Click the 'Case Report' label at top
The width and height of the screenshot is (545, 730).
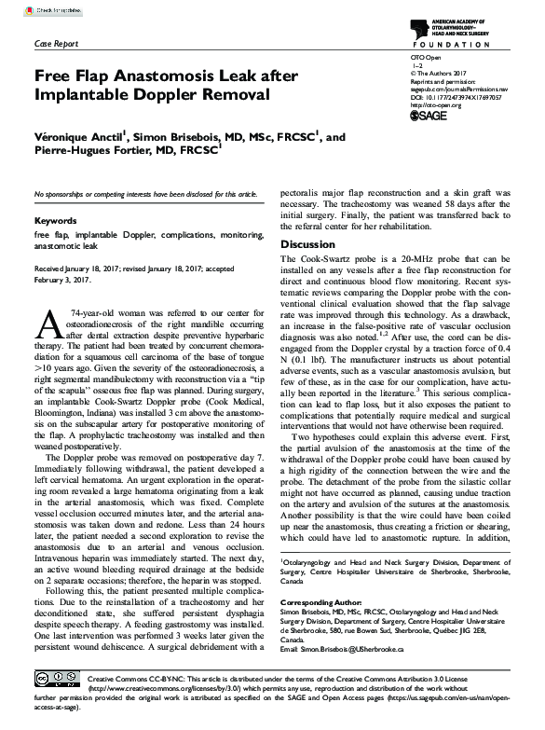coord(56,44)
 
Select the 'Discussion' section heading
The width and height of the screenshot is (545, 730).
coord(307,244)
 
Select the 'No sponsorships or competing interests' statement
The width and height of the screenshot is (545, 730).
coord(145,193)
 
